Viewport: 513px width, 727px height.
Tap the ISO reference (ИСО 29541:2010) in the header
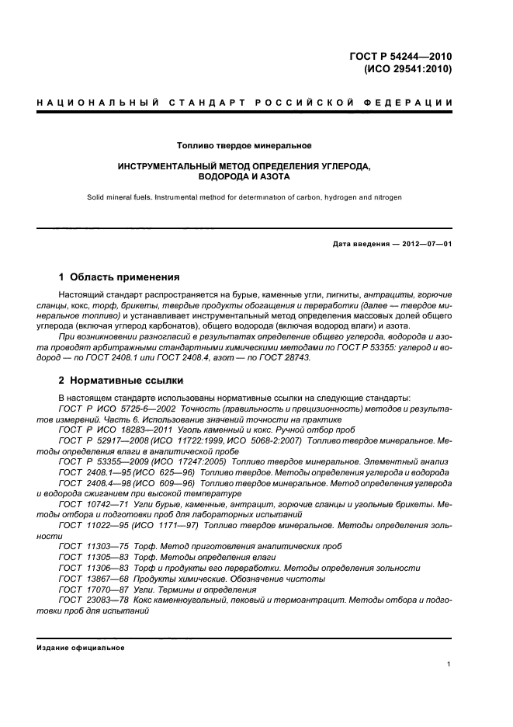click(408, 68)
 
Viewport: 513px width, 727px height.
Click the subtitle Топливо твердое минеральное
click(244, 145)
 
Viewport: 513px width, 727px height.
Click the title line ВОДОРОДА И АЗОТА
click(244, 177)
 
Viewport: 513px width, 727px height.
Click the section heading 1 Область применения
click(120, 277)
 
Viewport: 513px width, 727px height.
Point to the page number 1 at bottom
click(449, 663)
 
